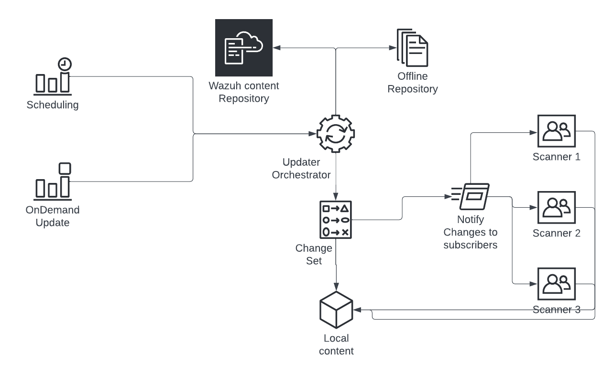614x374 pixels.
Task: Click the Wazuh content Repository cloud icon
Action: point(244,48)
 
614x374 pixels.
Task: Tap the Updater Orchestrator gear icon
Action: point(335,134)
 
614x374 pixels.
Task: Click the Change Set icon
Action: point(335,220)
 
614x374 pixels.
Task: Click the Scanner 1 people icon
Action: point(556,131)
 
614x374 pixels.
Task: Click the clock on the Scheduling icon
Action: point(64,64)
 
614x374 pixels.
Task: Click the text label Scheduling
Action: point(53,105)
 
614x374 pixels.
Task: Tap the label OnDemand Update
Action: point(53,216)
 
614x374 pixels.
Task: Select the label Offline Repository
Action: point(412,83)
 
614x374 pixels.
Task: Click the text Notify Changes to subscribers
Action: point(471,233)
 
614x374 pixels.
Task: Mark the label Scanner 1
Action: point(556,157)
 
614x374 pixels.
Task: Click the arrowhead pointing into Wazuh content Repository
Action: point(276,48)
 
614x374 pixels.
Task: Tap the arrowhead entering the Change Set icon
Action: point(335,197)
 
